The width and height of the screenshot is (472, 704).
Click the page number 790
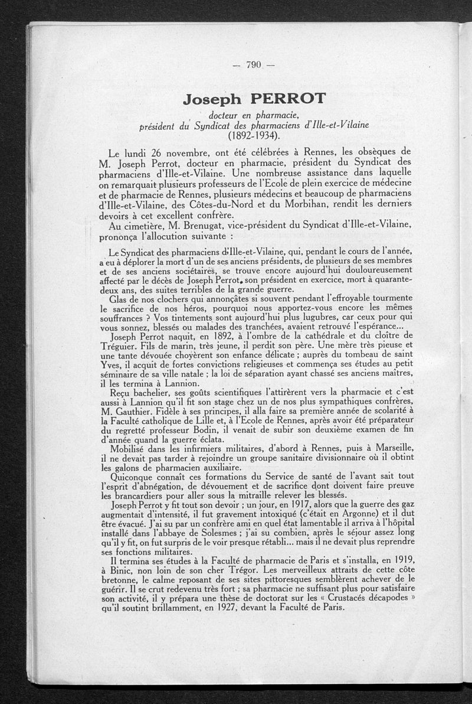tap(254, 66)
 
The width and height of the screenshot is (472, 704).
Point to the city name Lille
tap(222, 422)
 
